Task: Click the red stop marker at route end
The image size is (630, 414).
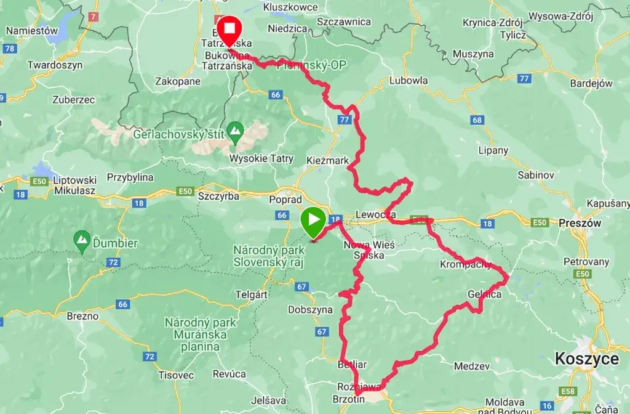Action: [x=230, y=30]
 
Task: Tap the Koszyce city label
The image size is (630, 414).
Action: [x=586, y=359]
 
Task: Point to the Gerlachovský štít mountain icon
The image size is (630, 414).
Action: [x=234, y=130]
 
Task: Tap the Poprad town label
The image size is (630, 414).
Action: [x=285, y=200]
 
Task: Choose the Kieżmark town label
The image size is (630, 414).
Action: [x=327, y=160]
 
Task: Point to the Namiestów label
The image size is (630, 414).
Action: [x=31, y=30]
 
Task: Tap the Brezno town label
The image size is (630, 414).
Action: [x=82, y=316]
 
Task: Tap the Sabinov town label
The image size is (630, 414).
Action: [x=535, y=175]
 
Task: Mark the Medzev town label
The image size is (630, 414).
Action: [x=472, y=366]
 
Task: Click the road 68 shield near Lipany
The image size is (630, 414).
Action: [x=478, y=120]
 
